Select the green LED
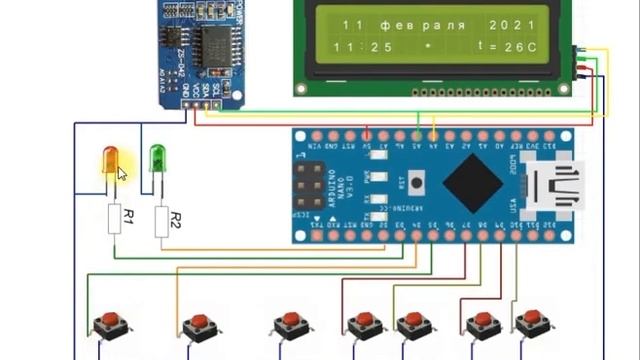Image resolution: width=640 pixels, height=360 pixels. (157, 158)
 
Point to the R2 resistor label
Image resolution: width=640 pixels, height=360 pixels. (175, 219)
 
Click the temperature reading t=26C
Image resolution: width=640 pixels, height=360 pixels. (504, 47)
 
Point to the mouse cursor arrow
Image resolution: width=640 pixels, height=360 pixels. (123, 174)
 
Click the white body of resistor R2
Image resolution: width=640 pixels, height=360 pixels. (162, 221)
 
